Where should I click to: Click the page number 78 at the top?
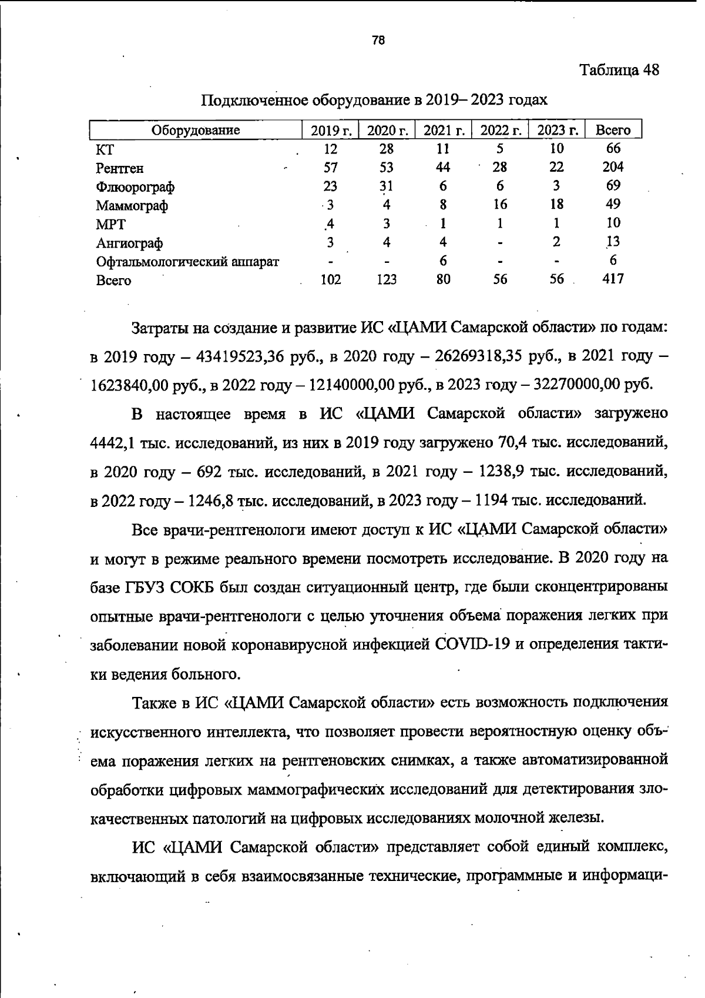click(378, 41)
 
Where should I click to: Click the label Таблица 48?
click(619, 70)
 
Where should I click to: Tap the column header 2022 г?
click(501, 130)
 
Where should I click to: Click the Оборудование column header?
click(196, 130)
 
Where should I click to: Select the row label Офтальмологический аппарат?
click(187, 262)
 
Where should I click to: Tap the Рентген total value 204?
click(613, 167)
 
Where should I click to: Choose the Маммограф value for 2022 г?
click(500, 204)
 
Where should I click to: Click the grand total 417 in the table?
click(613, 279)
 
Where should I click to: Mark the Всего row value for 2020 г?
click(386, 279)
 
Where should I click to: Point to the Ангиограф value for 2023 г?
click(556, 242)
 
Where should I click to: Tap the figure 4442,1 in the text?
click(112, 443)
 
